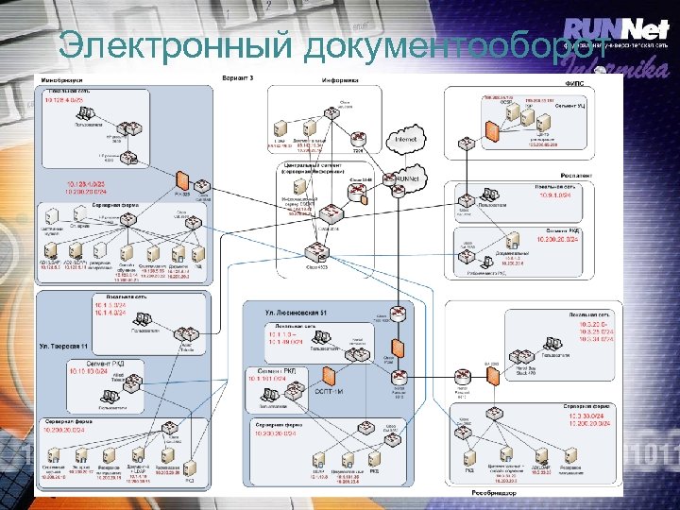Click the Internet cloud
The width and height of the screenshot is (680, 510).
tap(405, 140)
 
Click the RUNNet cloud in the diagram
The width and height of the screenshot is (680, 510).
tap(405, 178)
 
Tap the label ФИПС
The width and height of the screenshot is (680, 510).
tap(574, 83)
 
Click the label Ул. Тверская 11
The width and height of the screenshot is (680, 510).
tap(64, 347)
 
